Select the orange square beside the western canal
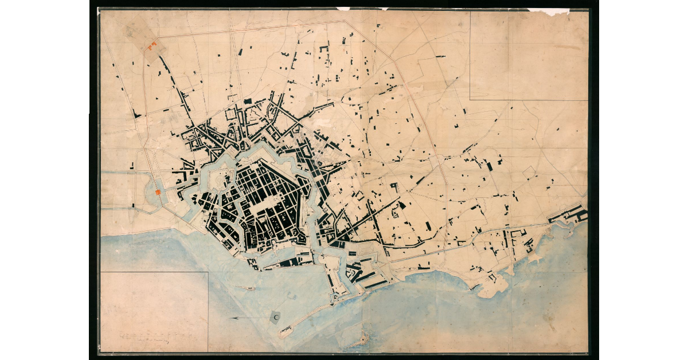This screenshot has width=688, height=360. point(158,192)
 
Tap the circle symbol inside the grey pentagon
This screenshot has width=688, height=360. point(277,317)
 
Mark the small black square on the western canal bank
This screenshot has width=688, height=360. point(133,205)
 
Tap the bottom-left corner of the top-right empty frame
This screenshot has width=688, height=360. point(470,100)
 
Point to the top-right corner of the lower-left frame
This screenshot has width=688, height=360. point(208,272)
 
